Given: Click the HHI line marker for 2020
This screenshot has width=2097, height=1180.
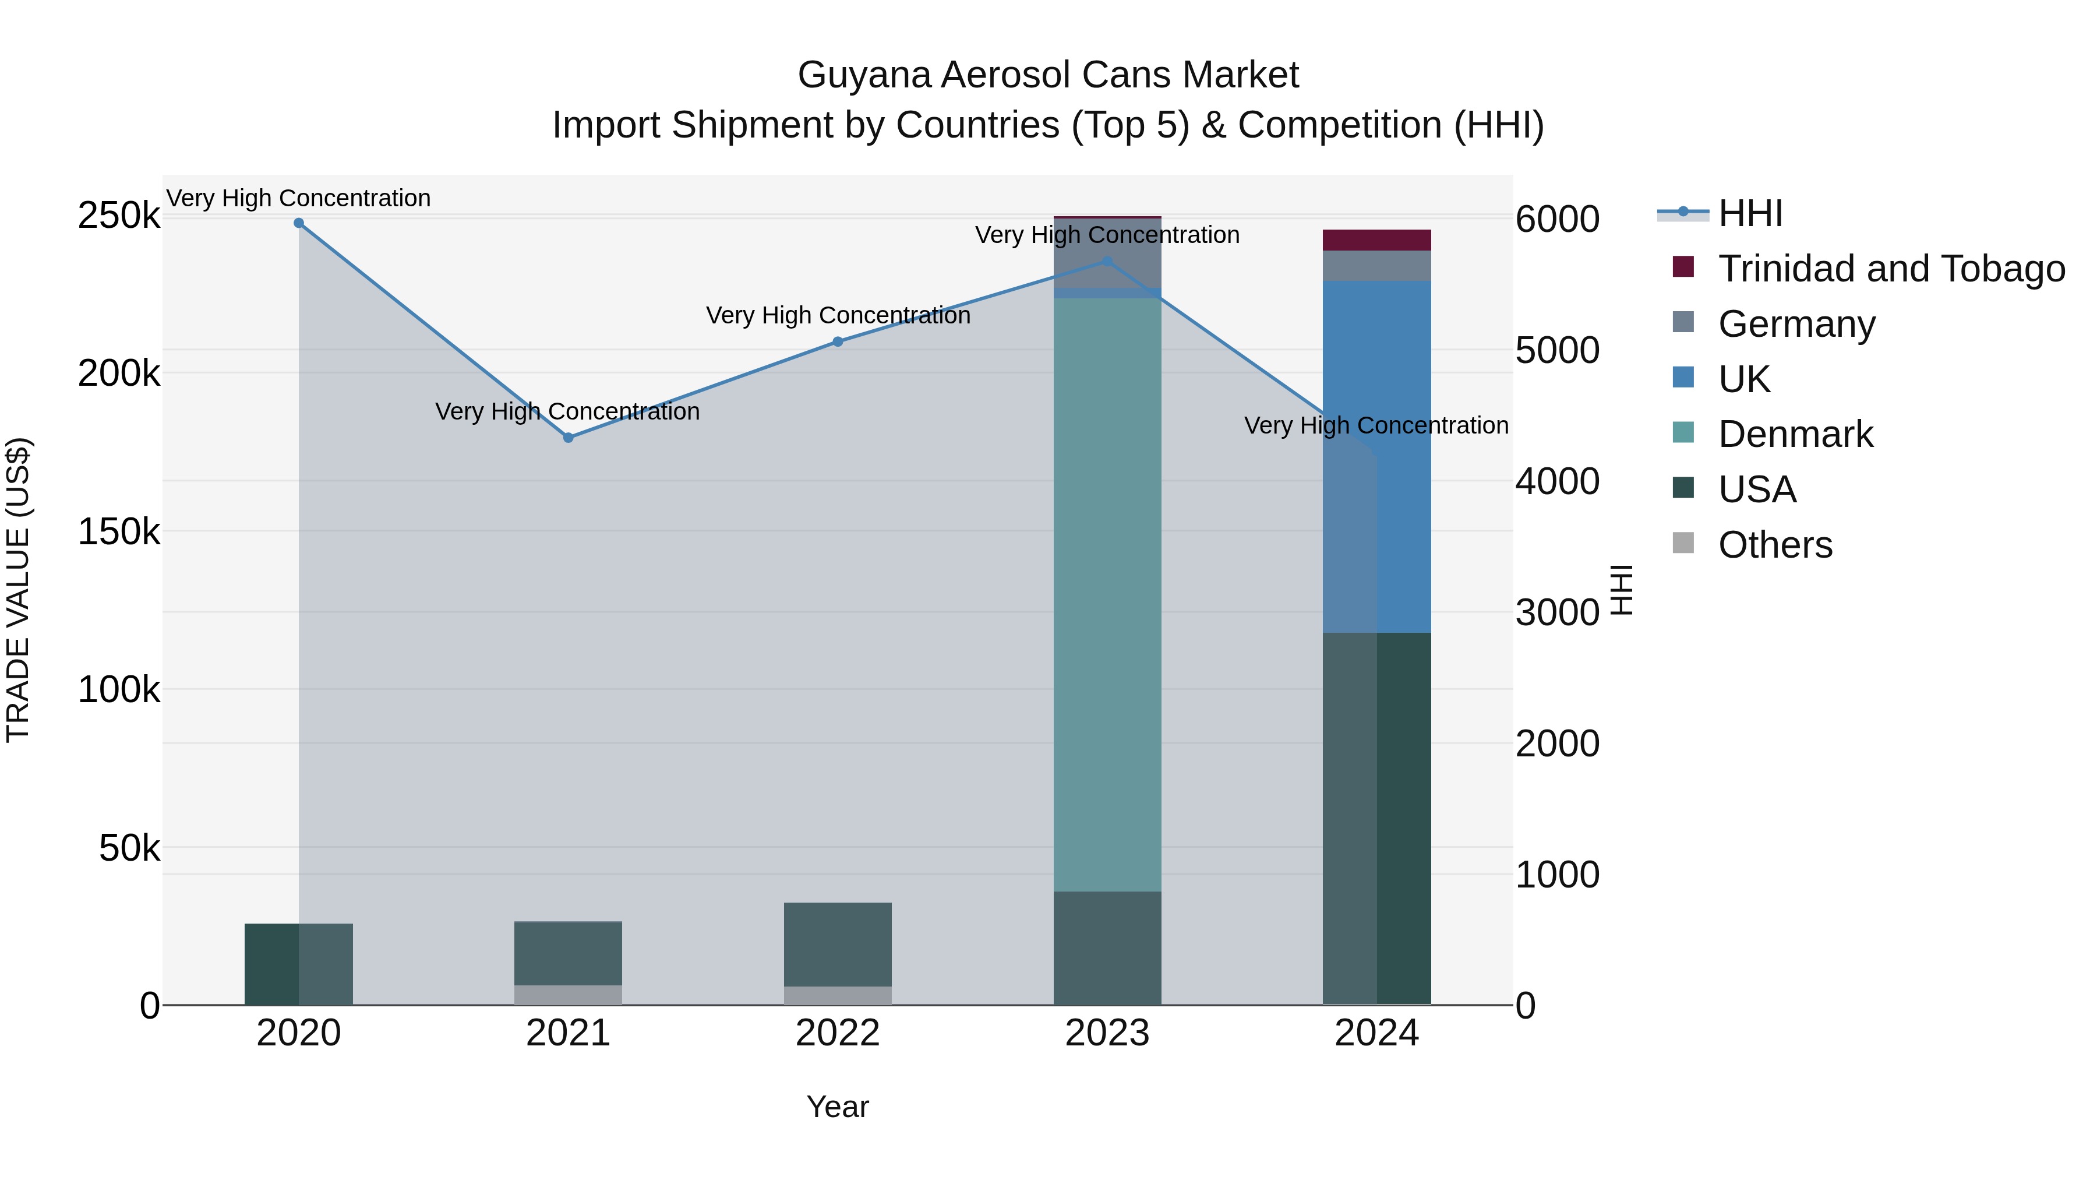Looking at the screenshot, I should click(x=299, y=223).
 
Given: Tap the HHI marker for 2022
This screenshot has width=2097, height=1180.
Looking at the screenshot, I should click(x=838, y=342).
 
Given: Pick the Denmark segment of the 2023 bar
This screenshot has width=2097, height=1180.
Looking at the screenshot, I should click(x=1107, y=594).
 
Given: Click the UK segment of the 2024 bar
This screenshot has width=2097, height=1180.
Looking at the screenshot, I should click(x=1376, y=456).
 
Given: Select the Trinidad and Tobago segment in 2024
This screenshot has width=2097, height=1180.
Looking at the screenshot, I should click(x=1376, y=240).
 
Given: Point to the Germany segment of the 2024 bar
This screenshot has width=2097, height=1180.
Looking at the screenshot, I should click(x=1376, y=266).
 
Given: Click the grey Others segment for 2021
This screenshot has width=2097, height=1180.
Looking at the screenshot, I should click(x=568, y=995).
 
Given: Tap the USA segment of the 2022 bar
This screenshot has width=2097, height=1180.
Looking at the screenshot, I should click(x=838, y=945).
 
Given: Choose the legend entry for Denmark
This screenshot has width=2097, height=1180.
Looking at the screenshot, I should click(x=1795, y=434).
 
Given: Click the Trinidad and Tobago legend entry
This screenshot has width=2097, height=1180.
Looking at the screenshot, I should click(x=1890, y=269).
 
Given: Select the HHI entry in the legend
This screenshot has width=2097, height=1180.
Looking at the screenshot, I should click(x=1750, y=213).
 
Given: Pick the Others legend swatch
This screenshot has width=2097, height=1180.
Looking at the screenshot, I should click(x=1683, y=543).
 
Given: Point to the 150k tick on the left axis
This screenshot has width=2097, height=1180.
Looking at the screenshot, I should click(x=119, y=533).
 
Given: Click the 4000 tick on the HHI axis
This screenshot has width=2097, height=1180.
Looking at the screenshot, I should click(x=1556, y=481).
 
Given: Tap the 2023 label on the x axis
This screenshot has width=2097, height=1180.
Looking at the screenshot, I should click(x=1107, y=1033).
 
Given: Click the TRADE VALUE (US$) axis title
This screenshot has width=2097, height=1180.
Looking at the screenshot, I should click(x=18, y=590).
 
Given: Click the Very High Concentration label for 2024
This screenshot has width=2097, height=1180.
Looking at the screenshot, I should click(x=1376, y=426).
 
